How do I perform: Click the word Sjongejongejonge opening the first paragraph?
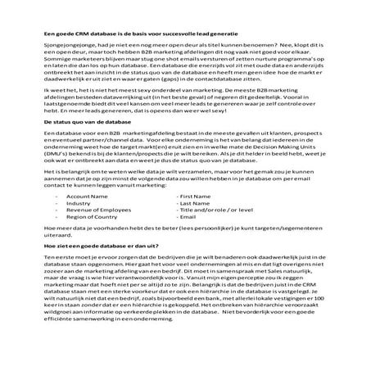pyautogui.click(x=67, y=48)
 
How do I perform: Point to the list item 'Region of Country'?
pyautogui.click(x=93, y=218)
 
